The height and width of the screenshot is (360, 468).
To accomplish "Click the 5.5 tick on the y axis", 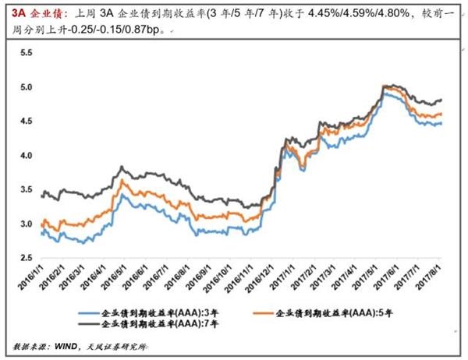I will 27,53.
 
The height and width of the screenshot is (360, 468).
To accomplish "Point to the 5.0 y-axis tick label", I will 27,87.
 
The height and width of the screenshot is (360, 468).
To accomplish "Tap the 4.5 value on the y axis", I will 27,122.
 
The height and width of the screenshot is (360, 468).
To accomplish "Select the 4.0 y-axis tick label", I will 27,156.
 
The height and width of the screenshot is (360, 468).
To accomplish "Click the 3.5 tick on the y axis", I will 27,190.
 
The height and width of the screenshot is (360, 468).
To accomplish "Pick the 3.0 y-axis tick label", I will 27,224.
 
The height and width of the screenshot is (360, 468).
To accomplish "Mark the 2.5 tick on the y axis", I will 27,258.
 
